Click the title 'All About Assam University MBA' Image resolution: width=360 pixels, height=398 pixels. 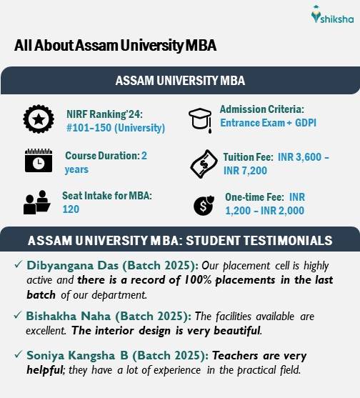115,46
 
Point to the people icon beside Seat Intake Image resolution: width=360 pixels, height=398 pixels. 36,202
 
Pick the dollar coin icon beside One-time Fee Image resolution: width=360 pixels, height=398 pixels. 202,204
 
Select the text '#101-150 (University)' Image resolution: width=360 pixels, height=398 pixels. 115,128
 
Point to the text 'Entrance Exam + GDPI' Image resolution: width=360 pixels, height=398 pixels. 268,123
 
